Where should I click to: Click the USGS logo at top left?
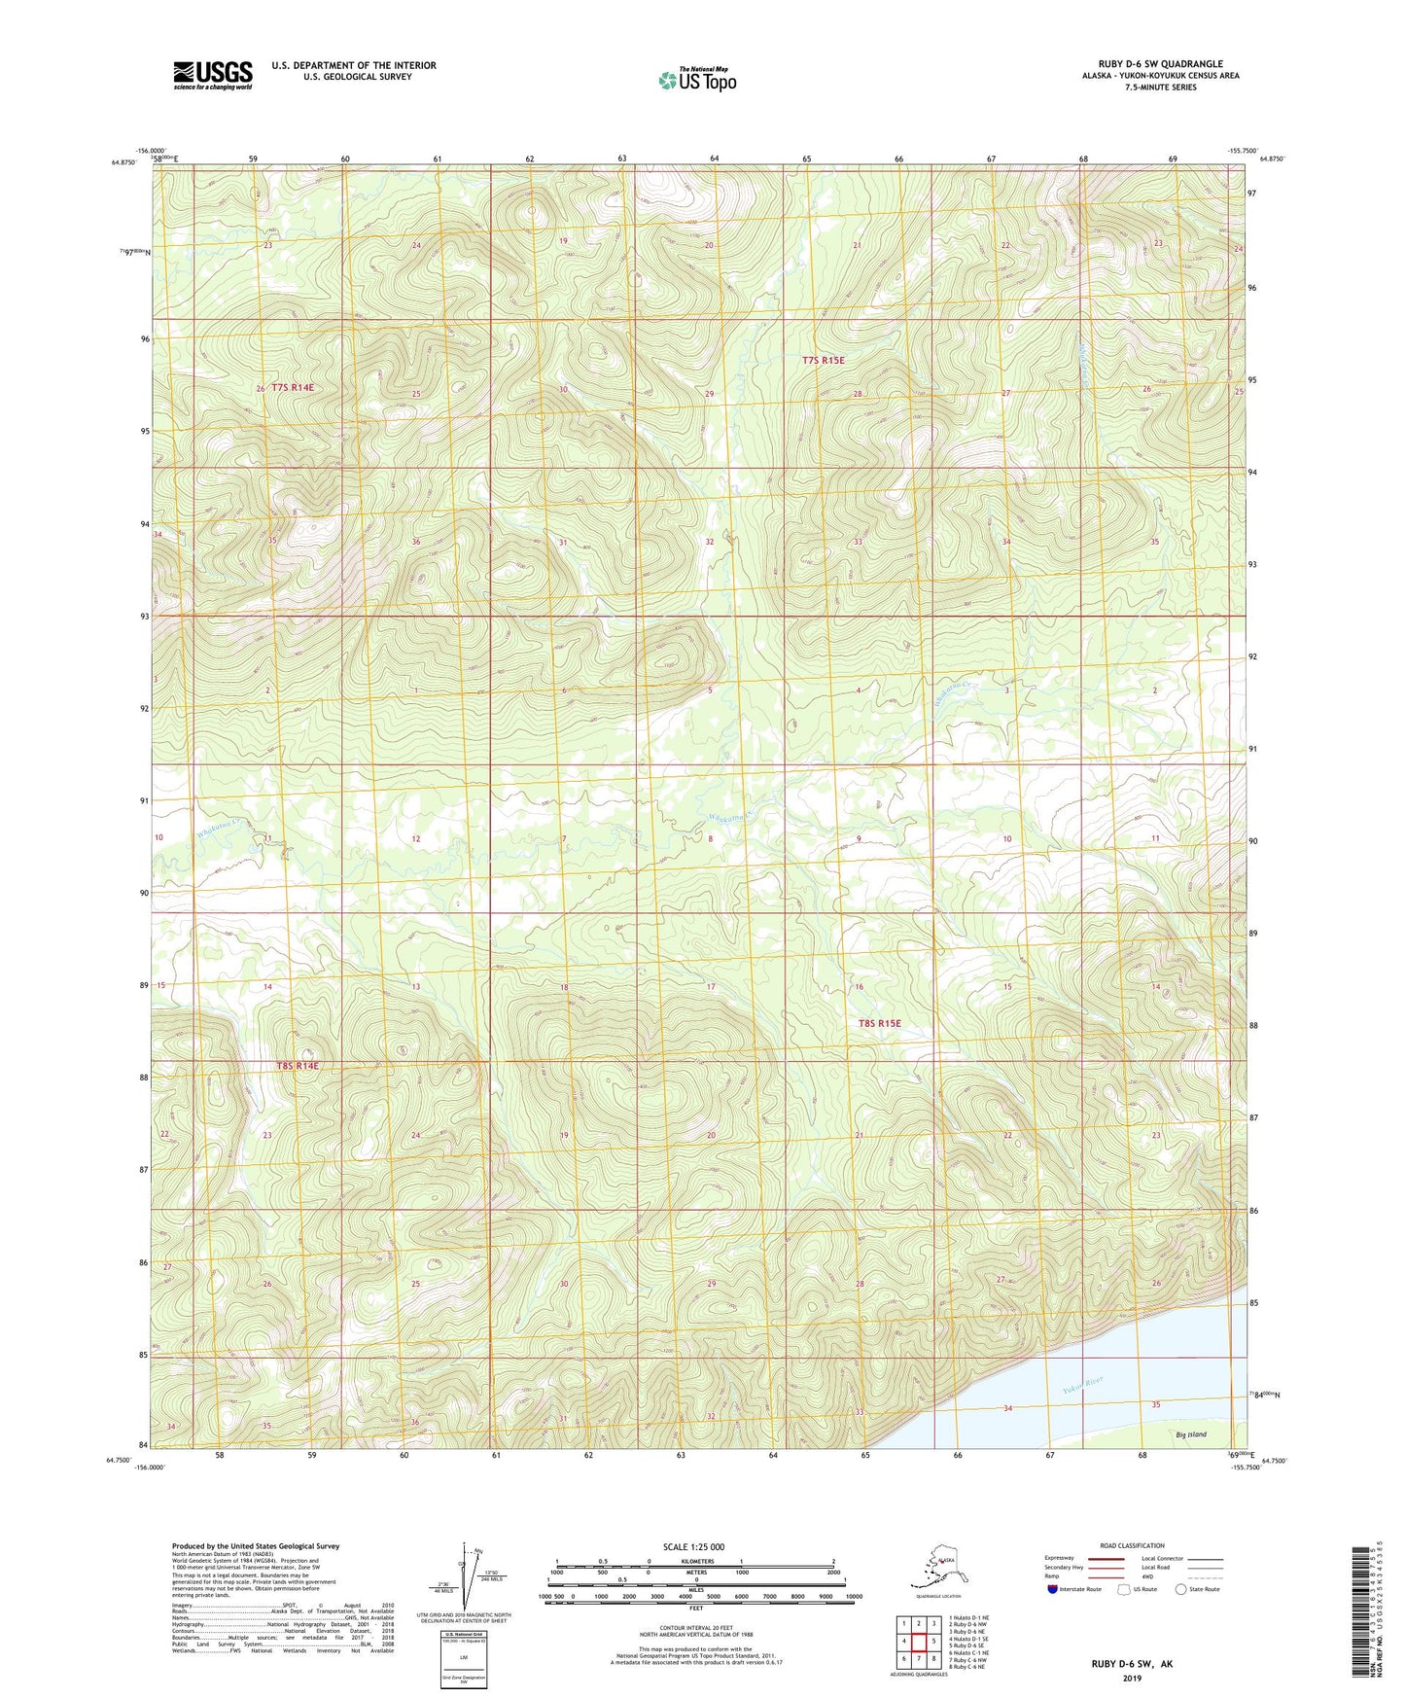click(x=212, y=75)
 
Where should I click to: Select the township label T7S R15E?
click(x=823, y=360)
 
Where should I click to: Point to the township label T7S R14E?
click(x=293, y=387)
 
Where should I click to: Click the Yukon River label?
click(x=1081, y=1385)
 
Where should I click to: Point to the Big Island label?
click(x=1190, y=1434)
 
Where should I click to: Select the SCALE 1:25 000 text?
click(x=694, y=1546)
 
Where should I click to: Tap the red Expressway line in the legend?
click(x=1106, y=1559)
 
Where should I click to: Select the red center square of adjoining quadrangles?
click(x=918, y=1641)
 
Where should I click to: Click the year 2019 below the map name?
click(x=1131, y=1678)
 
